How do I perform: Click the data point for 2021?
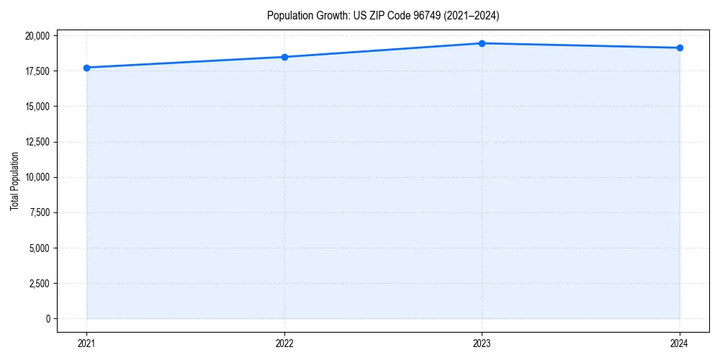tap(86, 68)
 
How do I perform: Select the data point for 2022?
tap(284, 57)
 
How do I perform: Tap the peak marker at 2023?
tap(482, 43)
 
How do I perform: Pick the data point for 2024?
tap(680, 48)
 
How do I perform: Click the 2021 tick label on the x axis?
tap(86, 343)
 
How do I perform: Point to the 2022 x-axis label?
tap(284, 343)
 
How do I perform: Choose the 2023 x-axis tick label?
tap(482, 343)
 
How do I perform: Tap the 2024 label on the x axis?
tap(680, 343)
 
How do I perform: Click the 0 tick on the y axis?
tap(47, 319)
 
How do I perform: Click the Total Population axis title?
tap(14, 181)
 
